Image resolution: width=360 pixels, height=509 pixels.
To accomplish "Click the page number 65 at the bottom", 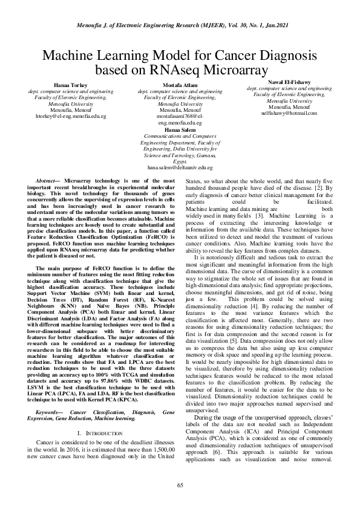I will coord(180,485).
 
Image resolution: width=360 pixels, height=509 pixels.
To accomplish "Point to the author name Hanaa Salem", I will coord(180,129).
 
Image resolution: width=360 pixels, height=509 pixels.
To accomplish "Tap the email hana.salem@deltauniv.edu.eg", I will coord(180,167).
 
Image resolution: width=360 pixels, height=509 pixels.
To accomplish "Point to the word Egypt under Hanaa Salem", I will coord(180,160).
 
